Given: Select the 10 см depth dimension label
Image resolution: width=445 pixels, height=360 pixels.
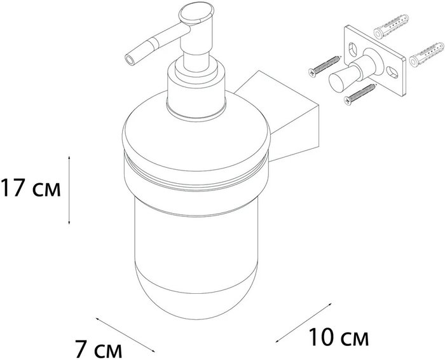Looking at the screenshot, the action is click(x=339, y=337).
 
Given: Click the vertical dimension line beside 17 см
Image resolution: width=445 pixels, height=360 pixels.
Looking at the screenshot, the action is click(x=69, y=190).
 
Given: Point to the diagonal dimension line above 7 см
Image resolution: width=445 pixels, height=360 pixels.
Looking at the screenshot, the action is click(x=125, y=335).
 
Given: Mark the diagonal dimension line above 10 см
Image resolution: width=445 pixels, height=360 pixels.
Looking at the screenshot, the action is click(x=303, y=323).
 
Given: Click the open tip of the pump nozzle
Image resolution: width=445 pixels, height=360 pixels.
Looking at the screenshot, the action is click(x=130, y=61).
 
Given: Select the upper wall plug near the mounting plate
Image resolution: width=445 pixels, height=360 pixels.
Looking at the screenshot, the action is click(x=392, y=26).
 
